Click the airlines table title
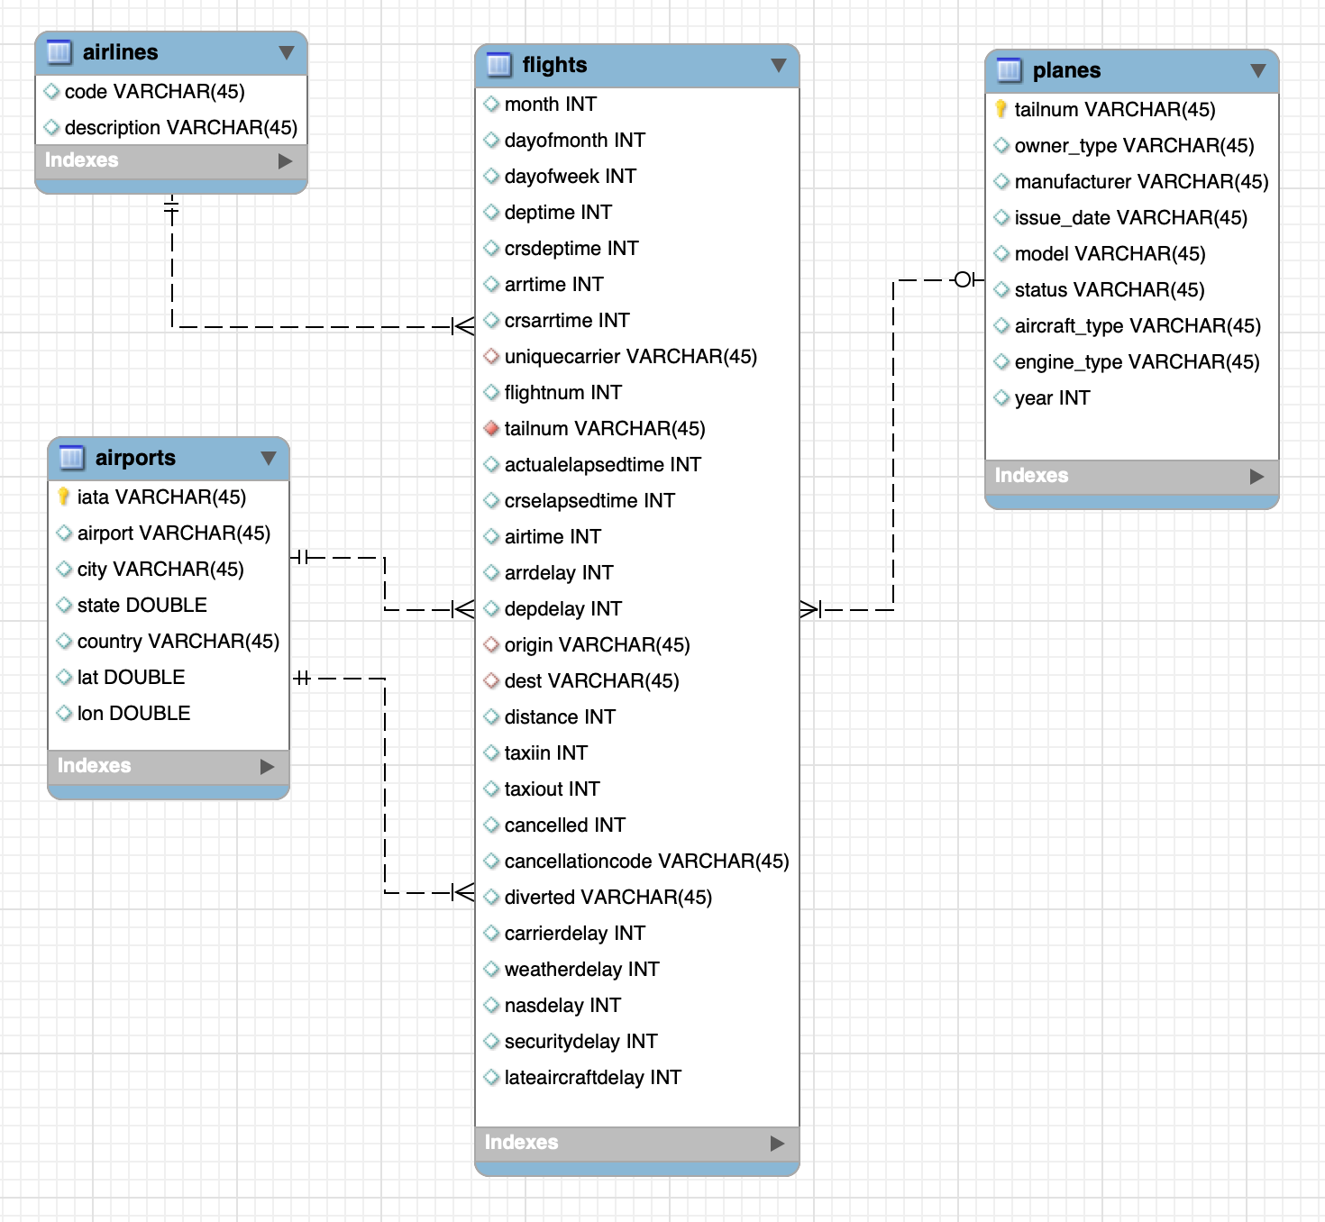click(x=120, y=52)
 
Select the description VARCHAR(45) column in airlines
click(x=181, y=127)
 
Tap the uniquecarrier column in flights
click(x=630, y=356)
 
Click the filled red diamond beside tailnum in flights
click(x=491, y=428)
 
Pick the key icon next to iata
click(x=63, y=497)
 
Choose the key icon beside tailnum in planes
click(x=1001, y=109)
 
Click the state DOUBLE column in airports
click(x=142, y=605)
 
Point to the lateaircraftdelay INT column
click(x=592, y=1077)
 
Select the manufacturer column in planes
click(x=1141, y=181)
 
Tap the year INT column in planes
click(x=1052, y=398)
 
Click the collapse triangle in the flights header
click(x=778, y=65)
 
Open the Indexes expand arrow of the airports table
click(x=267, y=766)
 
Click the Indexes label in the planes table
click(x=1031, y=475)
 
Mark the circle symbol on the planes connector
click(x=962, y=279)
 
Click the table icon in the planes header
click(x=1009, y=69)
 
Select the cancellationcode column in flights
click(x=646, y=862)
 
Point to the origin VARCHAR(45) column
click(x=597, y=645)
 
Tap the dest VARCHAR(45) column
click(x=592, y=681)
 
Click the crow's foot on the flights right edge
click(x=809, y=609)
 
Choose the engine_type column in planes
click(x=1137, y=361)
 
